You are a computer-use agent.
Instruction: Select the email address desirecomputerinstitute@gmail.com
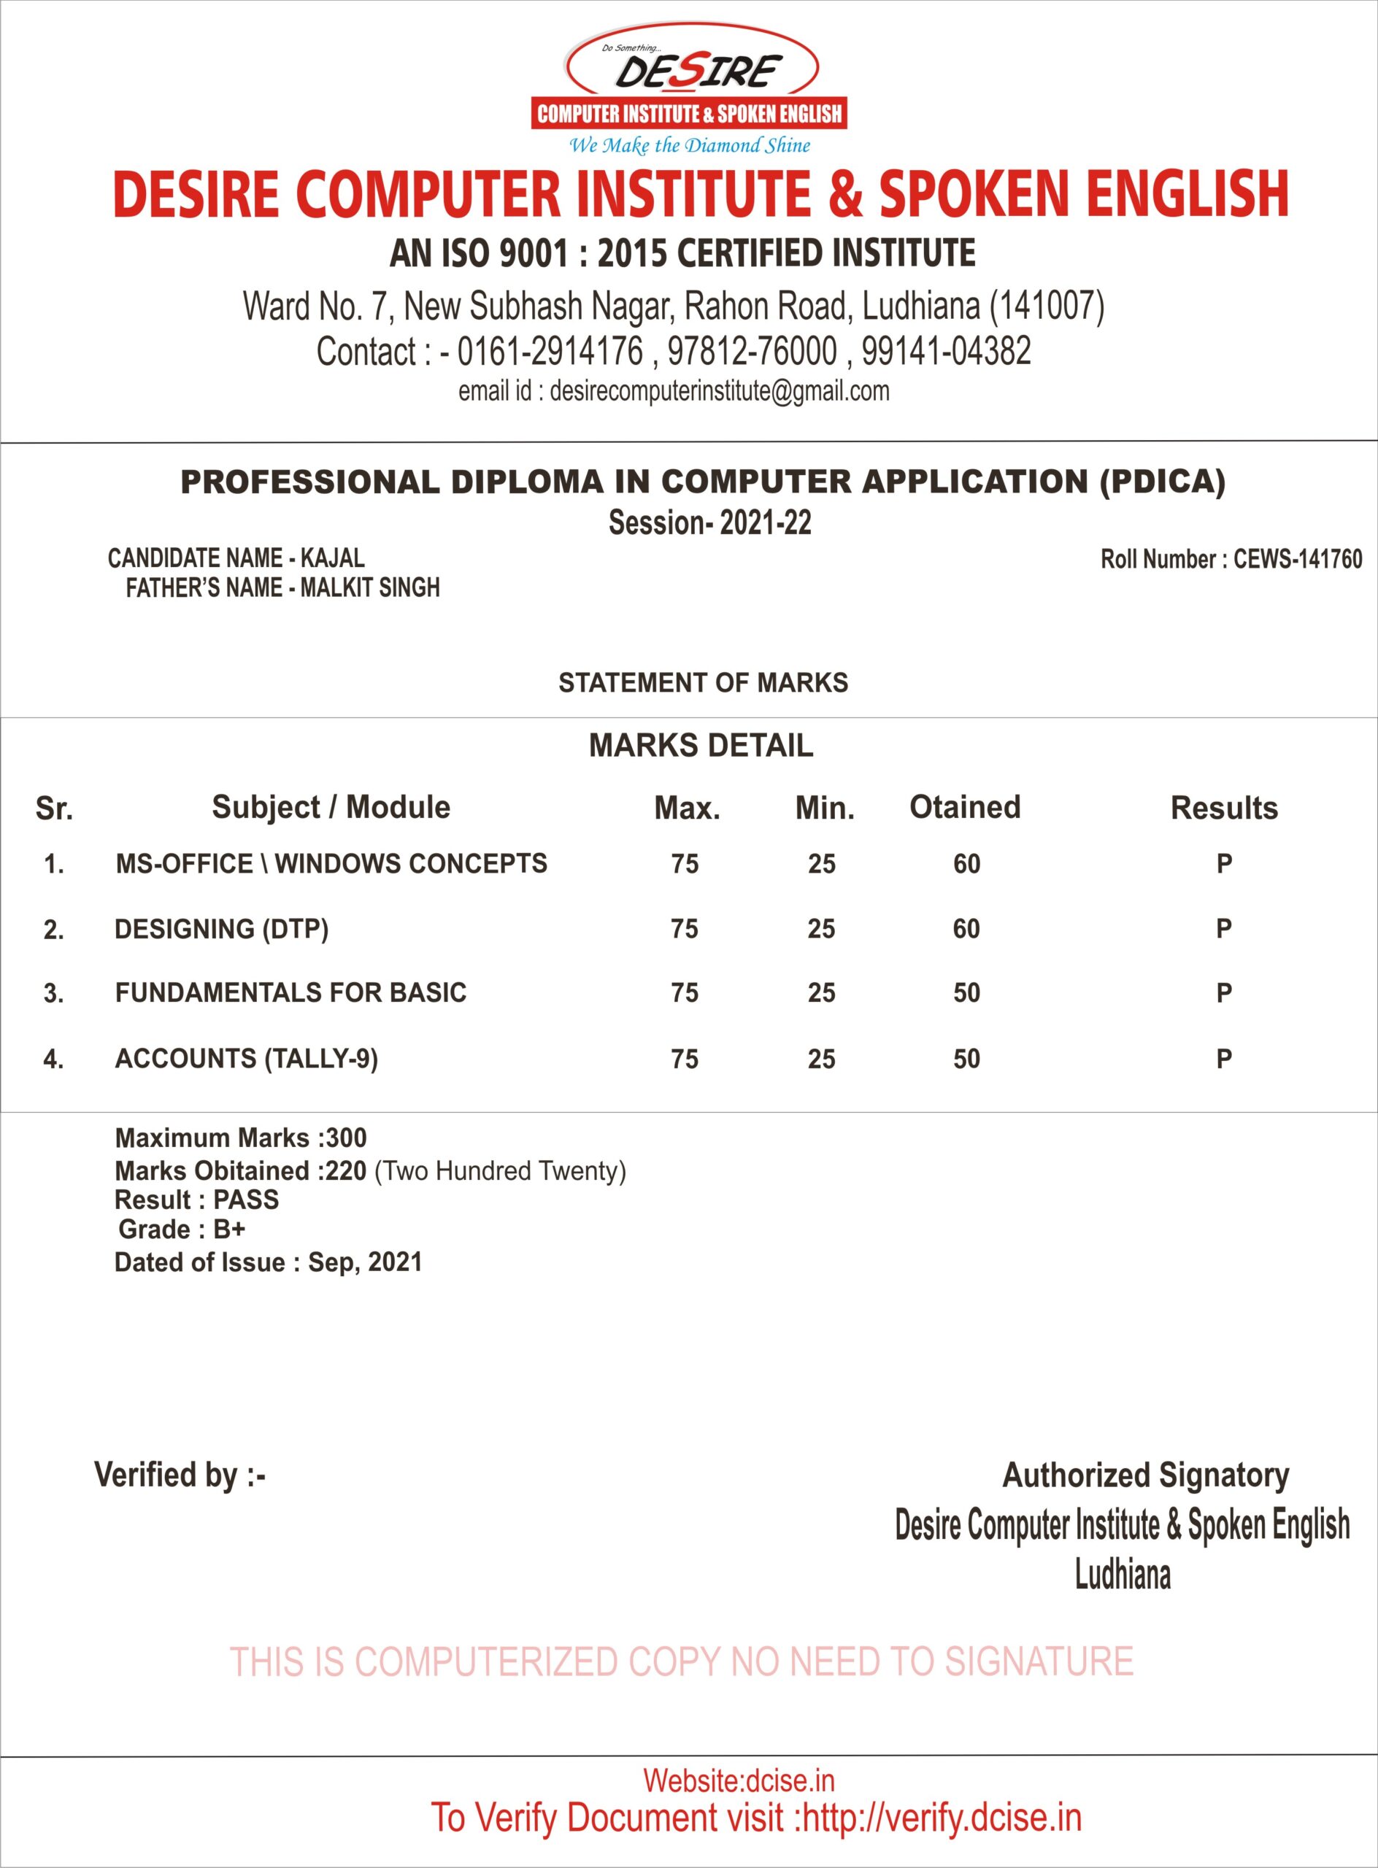719,391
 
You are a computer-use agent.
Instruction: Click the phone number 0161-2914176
550,351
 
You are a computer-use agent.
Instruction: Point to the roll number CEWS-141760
1297,559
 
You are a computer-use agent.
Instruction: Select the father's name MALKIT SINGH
369,588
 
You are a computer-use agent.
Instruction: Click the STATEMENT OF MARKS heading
702,683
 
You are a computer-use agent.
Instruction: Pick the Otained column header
964,807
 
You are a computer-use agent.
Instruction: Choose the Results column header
1224,808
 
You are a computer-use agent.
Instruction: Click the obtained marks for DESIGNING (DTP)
966,929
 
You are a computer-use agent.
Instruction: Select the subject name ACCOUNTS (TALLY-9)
246,1058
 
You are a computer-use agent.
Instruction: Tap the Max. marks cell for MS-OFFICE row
684,864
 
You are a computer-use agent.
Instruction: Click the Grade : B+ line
182,1230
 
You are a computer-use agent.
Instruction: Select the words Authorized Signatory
1145,1475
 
